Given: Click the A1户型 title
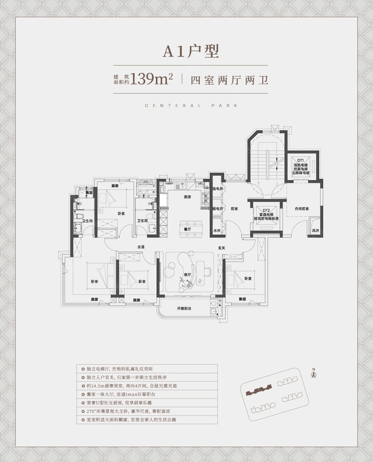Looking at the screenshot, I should pos(190,52).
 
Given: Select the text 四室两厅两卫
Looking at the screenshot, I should pos(229,80).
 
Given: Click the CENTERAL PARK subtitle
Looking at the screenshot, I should pos(191,106).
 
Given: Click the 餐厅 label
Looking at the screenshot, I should pos(187,229).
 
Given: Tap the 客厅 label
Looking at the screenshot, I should pos(187,275).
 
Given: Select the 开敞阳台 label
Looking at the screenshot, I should pos(184,308).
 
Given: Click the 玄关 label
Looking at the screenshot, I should pos(222,248).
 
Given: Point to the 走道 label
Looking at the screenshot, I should pos(142,247).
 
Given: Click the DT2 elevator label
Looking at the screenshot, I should pos(266,210).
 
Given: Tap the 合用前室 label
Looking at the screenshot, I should pos(302,209).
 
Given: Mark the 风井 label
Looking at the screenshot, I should pos(315,231).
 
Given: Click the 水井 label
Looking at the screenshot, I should pos(217,230).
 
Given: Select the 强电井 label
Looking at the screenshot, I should pos(218,189).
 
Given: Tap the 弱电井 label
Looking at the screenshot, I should pos(218,209).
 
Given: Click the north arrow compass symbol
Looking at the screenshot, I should pos(313,374).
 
